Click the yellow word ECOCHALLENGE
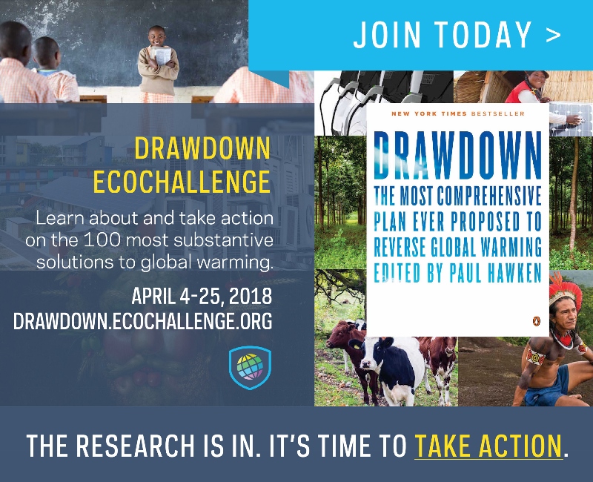pyautogui.click(x=182, y=182)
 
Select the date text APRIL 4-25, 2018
pyautogui.click(x=202, y=296)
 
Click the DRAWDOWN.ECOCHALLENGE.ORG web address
pyautogui.click(x=142, y=321)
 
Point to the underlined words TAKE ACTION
pyautogui.click(x=488, y=446)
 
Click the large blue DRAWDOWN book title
pyautogui.click(x=457, y=155)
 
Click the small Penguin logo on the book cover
pyautogui.click(x=536, y=321)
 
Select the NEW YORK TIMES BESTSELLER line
pyautogui.click(x=457, y=113)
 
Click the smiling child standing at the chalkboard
pyautogui.click(x=158, y=65)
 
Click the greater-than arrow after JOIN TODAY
pyautogui.click(x=553, y=35)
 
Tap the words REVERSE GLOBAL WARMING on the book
pyautogui.click(x=457, y=247)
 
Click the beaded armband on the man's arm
pyautogui.click(x=535, y=357)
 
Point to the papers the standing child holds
pyautogui.click(x=163, y=56)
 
